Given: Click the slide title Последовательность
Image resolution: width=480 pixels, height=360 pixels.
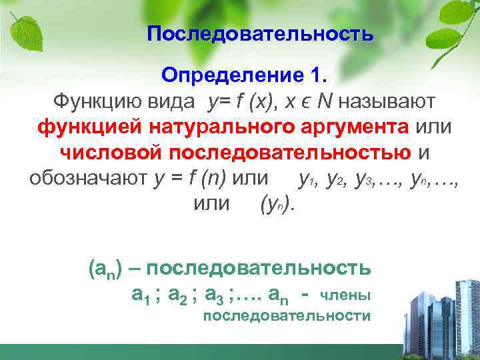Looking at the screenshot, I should (260, 34).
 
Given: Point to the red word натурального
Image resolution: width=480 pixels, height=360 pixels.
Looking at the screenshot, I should (227, 126).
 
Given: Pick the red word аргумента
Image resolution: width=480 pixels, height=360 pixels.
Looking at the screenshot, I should (360, 126).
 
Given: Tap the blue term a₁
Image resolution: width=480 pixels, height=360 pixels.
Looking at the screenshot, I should (141, 293).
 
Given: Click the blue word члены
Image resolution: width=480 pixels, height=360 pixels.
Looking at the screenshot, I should (345, 294).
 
